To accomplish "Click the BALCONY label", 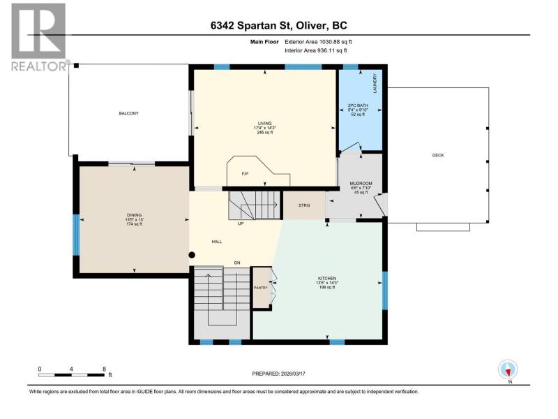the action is (128, 113).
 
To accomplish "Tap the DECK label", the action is (438, 155).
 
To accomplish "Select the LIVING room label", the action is (265, 124).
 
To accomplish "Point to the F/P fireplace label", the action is (245, 174).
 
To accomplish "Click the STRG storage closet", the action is (304, 205).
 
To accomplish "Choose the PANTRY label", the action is (260, 288).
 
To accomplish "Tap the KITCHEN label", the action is (327, 278).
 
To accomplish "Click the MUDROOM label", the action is (361, 184).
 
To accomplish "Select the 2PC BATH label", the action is (358, 105).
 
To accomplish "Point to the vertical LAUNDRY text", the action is (375, 83).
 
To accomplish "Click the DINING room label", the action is (134, 215).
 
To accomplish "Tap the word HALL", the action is (217, 242).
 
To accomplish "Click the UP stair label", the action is (241, 223).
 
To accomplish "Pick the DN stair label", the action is (237, 263).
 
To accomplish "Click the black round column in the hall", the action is (192, 255).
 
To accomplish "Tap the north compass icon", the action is (508, 369).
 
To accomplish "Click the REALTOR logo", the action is (40, 37).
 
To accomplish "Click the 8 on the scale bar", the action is (104, 369).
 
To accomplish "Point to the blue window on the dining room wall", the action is (76, 235).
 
